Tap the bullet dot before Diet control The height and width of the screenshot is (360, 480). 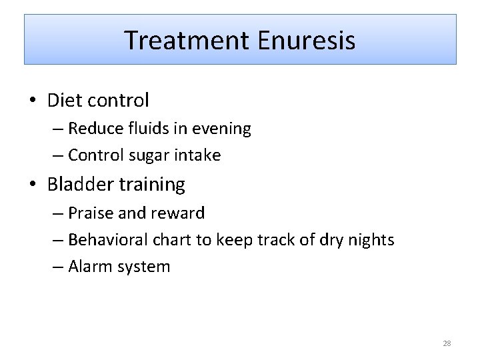[33, 101]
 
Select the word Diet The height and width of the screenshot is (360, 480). [62, 101]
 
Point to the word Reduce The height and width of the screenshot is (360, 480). [93, 129]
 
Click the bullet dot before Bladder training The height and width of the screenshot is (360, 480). [33, 185]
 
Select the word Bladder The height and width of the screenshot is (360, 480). [78, 184]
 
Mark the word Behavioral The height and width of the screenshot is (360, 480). [108, 240]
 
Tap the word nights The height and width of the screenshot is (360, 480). [370, 240]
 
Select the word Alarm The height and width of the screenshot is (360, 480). [89, 267]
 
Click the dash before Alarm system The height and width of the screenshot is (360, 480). [57, 267]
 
